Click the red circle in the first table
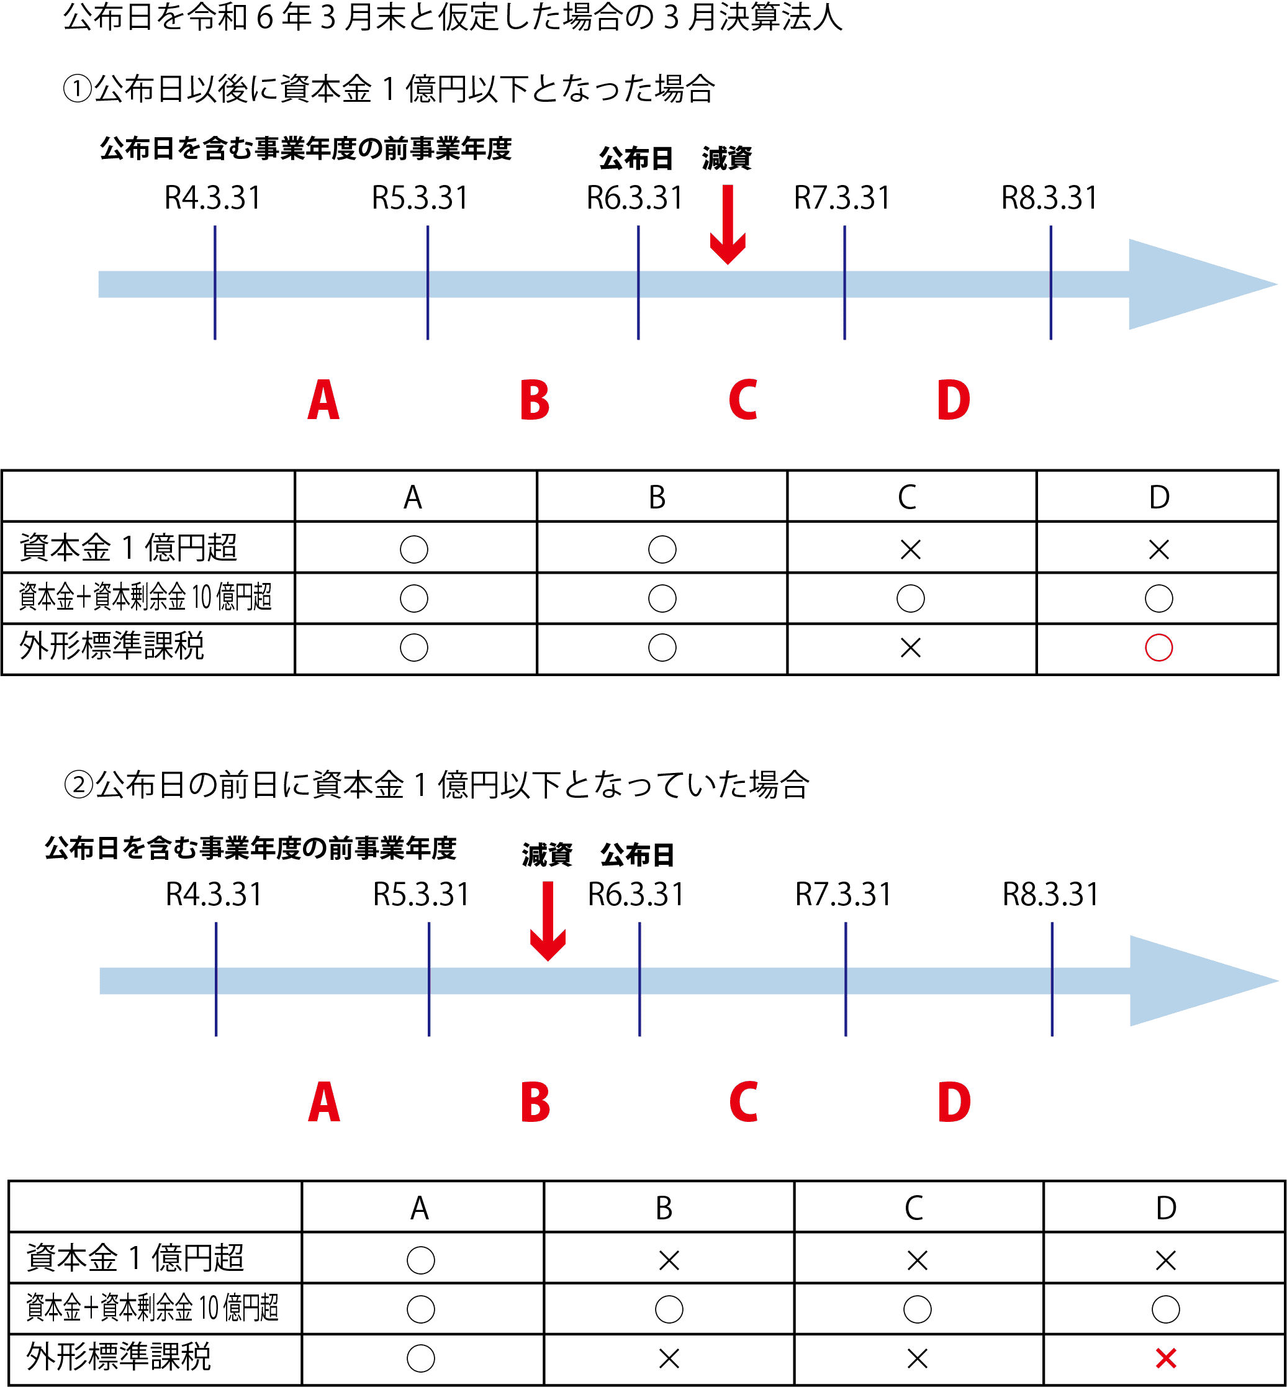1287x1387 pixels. [x=1159, y=648]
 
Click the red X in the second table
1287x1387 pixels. [x=1166, y=1358]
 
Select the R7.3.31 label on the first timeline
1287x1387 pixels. [x=842, y=199]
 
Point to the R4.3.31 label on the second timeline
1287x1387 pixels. [x=214, y=895]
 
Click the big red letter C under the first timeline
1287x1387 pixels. [x=743, y=400]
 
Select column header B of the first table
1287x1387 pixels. [x=657, y=498]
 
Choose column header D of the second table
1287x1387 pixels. [x=1166, y=1208]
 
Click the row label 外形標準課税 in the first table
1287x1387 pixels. [x=111, y=647]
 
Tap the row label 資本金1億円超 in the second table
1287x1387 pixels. [x=135, y=1258]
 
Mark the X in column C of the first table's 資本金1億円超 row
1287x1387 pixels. [x=910, y=550]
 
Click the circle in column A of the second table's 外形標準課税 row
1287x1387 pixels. [x=421, y=1358]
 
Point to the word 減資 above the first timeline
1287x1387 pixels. [x=726, y=159]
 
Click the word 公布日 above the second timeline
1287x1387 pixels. [x=637, y=855]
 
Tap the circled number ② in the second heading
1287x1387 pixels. [x=79, y=786]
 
